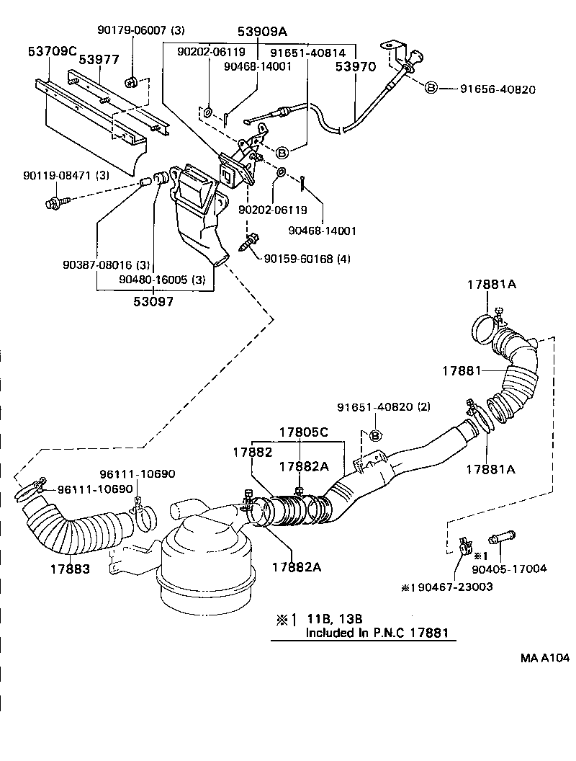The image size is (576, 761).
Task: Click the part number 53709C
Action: [x=52, y=52]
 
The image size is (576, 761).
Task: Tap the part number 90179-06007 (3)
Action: [x=141, y=30]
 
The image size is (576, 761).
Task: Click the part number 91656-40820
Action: [x=498, y=89]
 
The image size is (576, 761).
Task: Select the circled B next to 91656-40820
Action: [x=431, y=89]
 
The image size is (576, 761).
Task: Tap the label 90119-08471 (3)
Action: [x=66, y=175]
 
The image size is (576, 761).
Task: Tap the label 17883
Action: [x=70, y=569]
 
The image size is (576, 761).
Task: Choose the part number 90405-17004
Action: [x=516, y=569]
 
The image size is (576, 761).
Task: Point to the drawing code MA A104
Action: [x=545, y=657]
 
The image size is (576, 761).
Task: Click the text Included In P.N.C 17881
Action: [x=377, y=633]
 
